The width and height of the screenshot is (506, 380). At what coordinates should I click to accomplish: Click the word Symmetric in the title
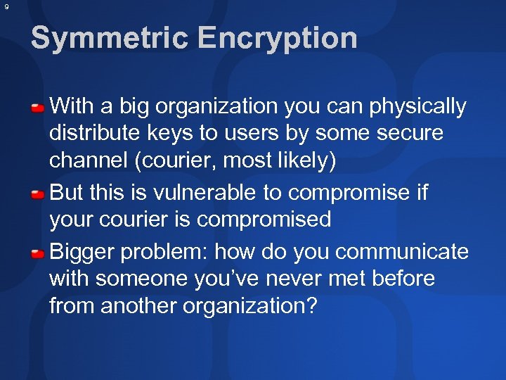pyautogui.click(x=107, y=38)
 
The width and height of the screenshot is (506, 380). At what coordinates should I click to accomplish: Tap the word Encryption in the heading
pyautogui.click(x=278, y=38)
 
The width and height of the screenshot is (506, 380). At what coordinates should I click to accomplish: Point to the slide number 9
pyautogui.click(x=6, y=7)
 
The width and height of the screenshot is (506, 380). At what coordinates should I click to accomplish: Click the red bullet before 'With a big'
pyautogui.click(x=39, y=108)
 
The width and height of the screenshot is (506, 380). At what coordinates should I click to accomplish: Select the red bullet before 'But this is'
pyautogui.click(x=39, y=193)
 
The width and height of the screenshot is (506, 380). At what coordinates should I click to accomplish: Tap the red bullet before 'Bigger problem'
pyautogui.click(x=39, y=252)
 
